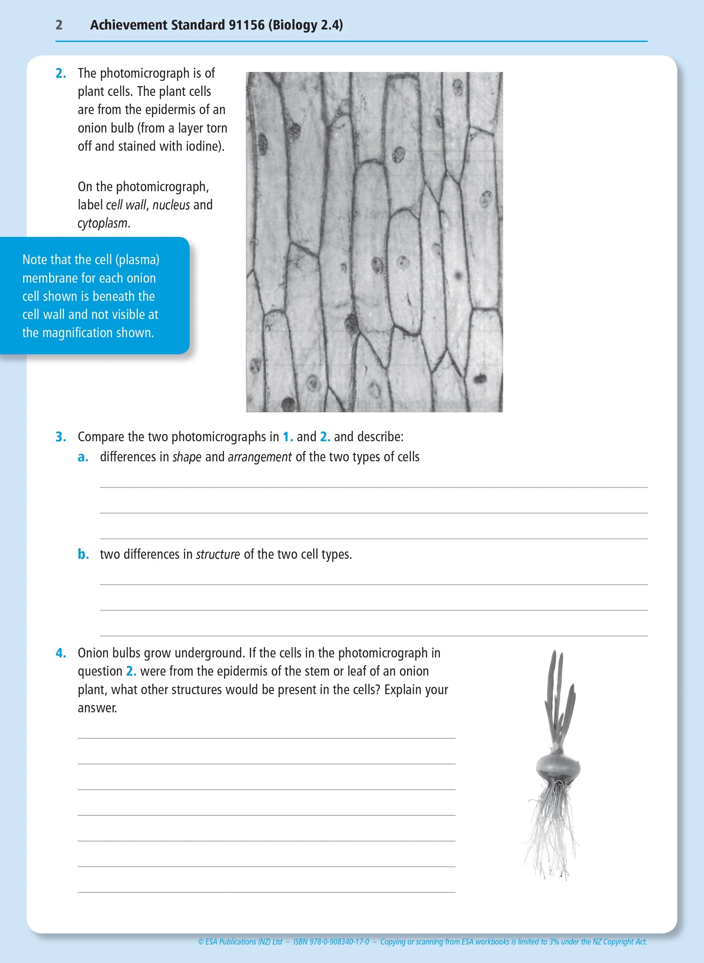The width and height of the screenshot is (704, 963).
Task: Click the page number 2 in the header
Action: [59, 25]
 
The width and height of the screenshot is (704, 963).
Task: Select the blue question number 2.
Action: [60, 74]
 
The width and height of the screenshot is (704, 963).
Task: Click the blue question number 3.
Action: [60, 437]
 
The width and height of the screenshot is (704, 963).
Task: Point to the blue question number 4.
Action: [60, 653]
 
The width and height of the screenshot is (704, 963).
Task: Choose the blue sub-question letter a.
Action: [83, 457]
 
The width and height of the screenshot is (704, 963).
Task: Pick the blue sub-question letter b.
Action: [83, 554]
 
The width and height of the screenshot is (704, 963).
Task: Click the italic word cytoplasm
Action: [102, 223]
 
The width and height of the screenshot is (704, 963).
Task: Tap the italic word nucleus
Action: [171, 205]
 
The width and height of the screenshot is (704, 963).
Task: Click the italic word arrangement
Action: [259, 457]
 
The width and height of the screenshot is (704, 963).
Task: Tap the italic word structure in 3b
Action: [218, 554]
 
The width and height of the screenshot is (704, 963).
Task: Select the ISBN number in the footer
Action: [331, 942]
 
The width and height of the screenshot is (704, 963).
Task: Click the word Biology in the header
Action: [294, 25]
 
